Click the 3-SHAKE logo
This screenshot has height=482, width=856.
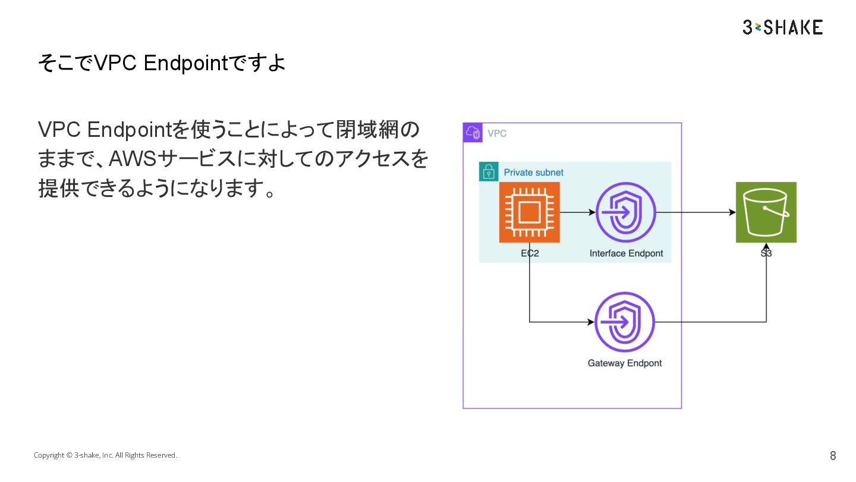[782, 27]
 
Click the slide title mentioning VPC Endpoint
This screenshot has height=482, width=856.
[161, 62]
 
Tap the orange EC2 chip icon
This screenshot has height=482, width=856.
[529, 212]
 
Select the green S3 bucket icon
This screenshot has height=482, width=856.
[766, 212]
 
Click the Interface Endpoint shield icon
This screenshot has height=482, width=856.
[625, 212]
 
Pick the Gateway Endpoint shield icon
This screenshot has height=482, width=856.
[625, 322]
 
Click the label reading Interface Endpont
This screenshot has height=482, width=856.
[626, 253]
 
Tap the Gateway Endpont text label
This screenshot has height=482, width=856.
[624, 363]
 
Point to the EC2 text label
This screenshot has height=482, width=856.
[529, 253]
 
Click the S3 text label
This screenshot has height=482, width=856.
[766, 253]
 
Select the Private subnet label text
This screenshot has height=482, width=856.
[533, 173]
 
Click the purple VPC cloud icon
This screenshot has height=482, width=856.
[473, 133]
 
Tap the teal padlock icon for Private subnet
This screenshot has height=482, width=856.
[489, 172]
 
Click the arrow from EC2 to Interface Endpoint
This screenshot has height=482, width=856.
[577, 212]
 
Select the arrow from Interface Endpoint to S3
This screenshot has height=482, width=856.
[695, 212]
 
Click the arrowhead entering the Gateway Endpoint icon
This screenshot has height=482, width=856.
[590, 322]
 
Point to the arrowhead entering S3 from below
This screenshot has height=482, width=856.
[766, 247]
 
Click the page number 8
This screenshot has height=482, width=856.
[833, 456]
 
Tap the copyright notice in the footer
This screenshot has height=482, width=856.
[105, 455]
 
